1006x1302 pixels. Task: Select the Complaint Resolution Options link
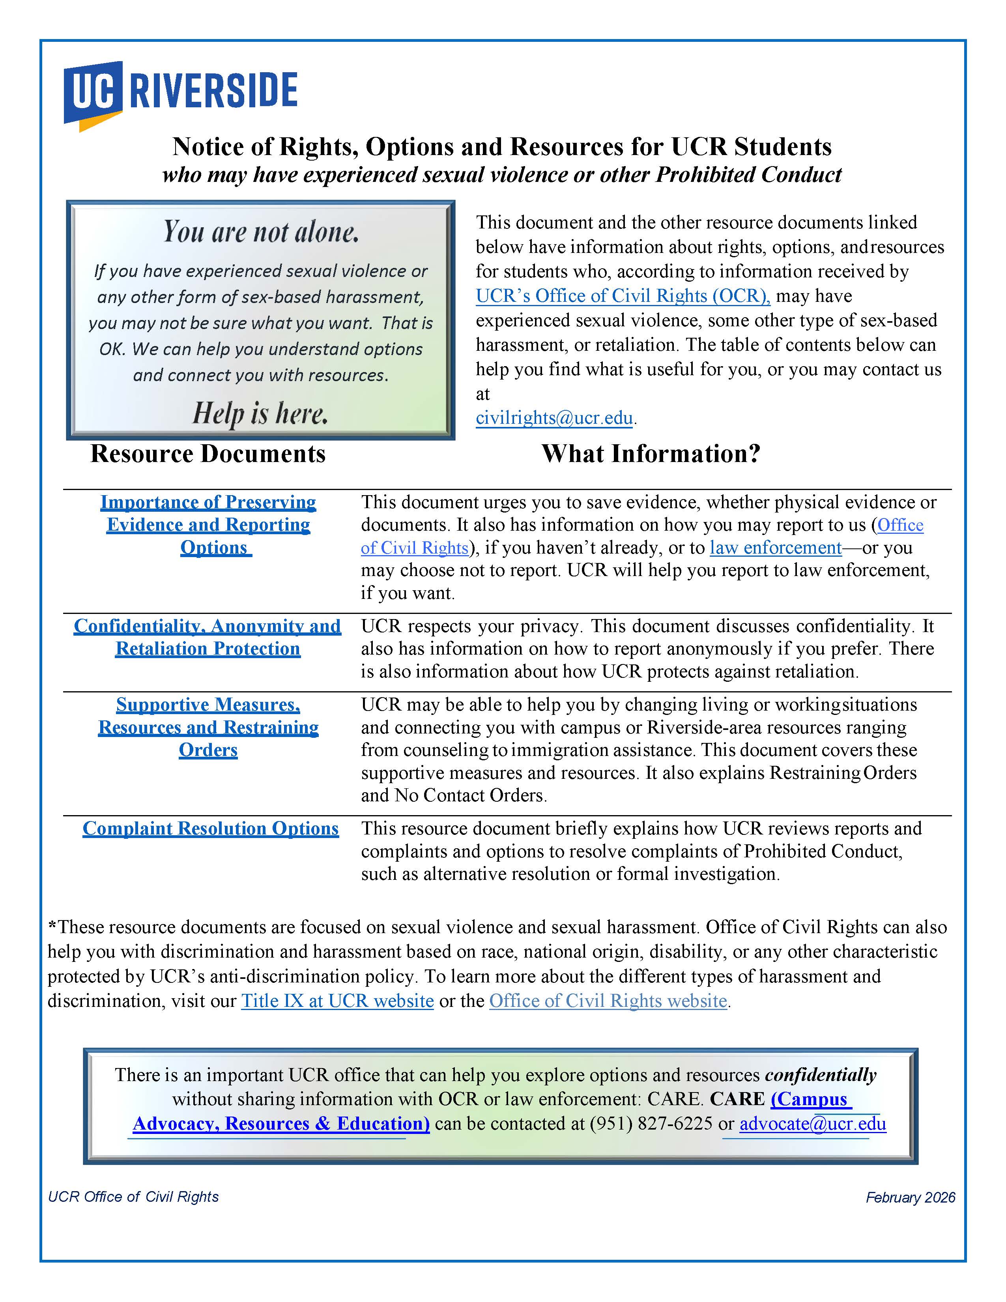click(x=210, y=829)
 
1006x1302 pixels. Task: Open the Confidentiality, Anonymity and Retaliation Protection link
click(x=208, y=637)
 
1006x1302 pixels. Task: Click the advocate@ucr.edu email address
click(x=812, y=1123)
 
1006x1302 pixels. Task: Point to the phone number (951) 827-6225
click(x=651, y=1123)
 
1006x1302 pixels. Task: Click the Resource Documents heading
click(x=208, y=454)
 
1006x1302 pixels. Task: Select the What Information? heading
click(x=651, y=454)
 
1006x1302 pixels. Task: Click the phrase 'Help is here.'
click(x=260, y=413)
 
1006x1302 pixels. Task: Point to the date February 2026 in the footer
click(x=910, y=1197)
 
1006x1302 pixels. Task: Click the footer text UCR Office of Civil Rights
click(x=133, y=1197)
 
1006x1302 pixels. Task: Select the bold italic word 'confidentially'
click(x=820, y=1074)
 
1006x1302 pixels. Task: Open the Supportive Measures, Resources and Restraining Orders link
click(x=208, y=727)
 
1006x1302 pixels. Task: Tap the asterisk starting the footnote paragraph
click(x=52, y=926)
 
